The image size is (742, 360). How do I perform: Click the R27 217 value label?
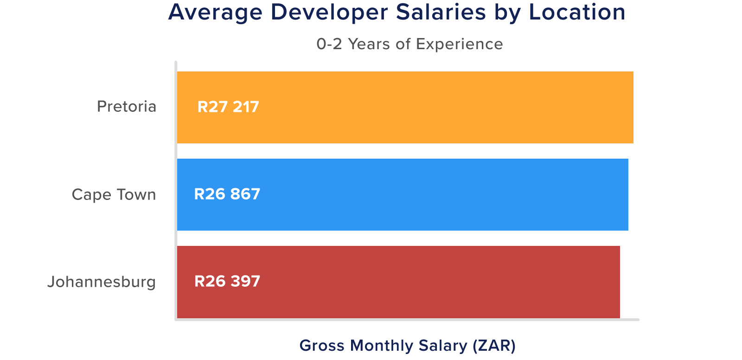[x=228, y=107]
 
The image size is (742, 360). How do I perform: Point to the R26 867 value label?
[x=227, y=194]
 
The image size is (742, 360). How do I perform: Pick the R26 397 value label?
[x=227, y=281]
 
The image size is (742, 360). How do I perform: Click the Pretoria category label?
[x=127, y=107]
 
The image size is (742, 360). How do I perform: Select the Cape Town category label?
[x=114, y=194]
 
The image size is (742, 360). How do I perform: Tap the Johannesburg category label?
[x=102, y=282]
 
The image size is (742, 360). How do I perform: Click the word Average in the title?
[x=215, y=13]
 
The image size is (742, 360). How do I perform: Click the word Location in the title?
[x=577, y=13]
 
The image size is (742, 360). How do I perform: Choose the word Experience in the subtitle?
[x=459, y=44]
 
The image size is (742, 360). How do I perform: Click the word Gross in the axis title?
[x=322, y=346]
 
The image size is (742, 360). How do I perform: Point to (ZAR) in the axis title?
[x=493, y=346]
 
